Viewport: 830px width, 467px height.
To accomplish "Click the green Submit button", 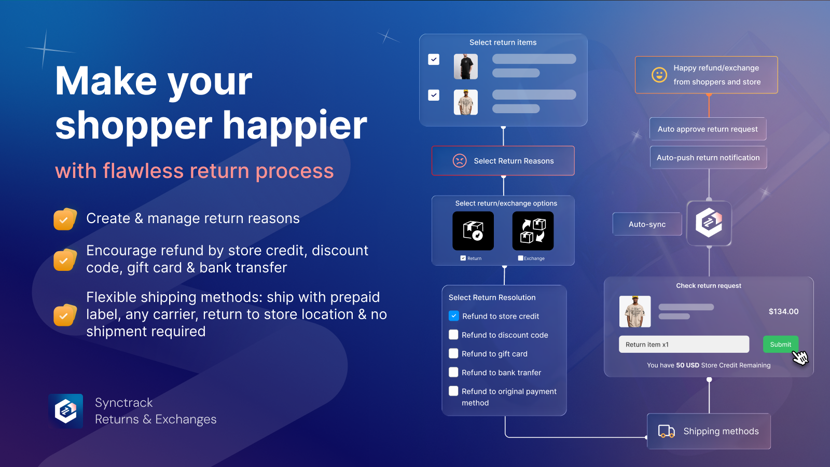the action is [780, 345].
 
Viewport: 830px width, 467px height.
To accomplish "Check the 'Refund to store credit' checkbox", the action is [453, 316].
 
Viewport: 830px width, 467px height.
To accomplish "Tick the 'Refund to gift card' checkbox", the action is [453, 353].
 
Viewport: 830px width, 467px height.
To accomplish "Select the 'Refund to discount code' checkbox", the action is [453, 335].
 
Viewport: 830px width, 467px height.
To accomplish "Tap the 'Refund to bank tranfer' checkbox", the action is [453, 372].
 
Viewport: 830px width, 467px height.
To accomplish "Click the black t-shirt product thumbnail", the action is [466, 67].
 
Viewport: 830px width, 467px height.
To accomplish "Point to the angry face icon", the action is [460, 161].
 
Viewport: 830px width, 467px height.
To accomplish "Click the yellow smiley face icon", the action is [659, 75].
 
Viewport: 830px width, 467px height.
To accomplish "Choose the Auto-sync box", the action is [647, 224].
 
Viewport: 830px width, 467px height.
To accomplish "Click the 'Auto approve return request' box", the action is [708, 129].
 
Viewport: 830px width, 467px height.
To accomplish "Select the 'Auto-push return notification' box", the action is [708, 158].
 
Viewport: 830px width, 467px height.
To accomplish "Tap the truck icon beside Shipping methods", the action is [666, 431].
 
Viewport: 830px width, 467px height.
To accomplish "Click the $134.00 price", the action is [783, 311].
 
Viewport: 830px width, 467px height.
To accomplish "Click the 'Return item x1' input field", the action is [684, 345].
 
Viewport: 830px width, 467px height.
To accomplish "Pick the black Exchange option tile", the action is [533, 231].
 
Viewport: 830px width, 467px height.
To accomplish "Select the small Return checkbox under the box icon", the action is [463, 258].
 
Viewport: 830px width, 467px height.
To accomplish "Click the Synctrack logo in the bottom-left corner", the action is [66, 411].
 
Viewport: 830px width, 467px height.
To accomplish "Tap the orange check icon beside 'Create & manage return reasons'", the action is [65, 219].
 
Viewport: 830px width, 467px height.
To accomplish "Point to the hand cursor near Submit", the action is [800, 358].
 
